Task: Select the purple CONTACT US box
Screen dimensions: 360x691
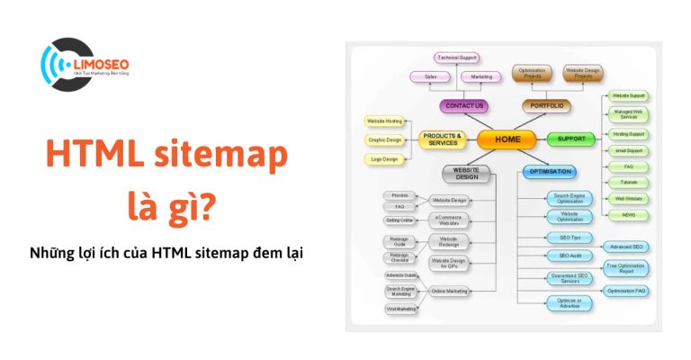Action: pyautogui.click(x=465, y=106)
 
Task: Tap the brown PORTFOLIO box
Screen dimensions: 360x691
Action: pyautogui.click(x=547, y=106)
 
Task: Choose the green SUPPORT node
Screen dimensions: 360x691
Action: pyautogui.click(x=571, y=139)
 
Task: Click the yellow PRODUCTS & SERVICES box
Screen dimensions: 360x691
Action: pyautogui.click(x=443, y=139)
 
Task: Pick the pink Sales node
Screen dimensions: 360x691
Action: pyautogui.click(x=432, y=77)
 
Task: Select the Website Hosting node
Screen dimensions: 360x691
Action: pyautogui.click(x=385, y=121)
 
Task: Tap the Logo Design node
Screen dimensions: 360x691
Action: pyautogui.click(x=385, y=158)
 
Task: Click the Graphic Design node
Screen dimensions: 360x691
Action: pyautogui.click(x=385, y=139)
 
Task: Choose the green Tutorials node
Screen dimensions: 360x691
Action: pyautogui.click(x=628, y=183)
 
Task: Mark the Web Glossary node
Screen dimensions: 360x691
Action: pyautogui.click(x=628, y=198)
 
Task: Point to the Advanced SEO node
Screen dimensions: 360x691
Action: pyautogui.click(x=627, y=247)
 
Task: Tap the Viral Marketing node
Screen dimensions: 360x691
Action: pyautogui.click(x=401, y=309)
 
